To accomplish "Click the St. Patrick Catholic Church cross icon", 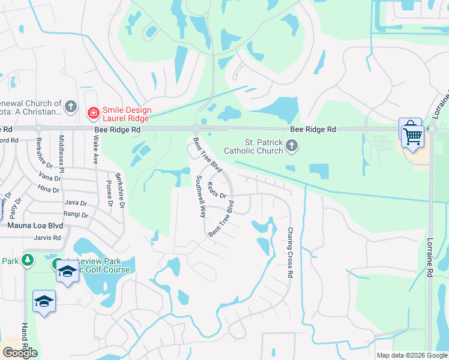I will (x=292, y=145).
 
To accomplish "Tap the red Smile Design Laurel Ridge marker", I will (x=93, y=112).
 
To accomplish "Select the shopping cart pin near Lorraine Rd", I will (x=412, y=134).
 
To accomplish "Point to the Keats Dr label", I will (x=216, y=190).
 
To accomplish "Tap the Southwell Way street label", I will (x=201, y=196).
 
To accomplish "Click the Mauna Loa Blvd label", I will (x=35, y=226).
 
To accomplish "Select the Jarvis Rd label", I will (x=49, y=238).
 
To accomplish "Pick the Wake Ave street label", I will (x=95, y=150).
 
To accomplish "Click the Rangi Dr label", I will (x=76, y=214).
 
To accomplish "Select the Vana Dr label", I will (x=50, y=178).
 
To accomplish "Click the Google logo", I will (x=20, y=353).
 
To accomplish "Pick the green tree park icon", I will (x=26, y=260).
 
